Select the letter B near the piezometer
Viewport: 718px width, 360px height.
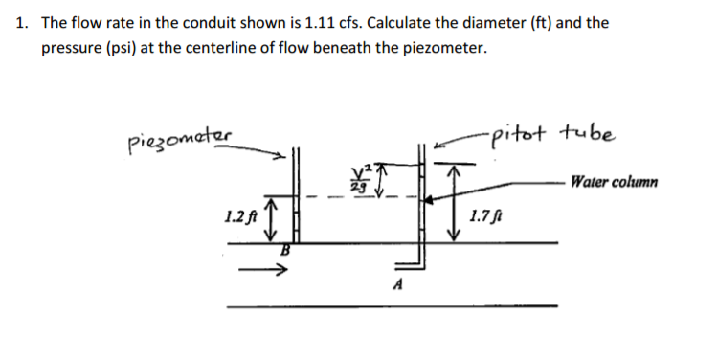pyautogui.click(x=283, y=251)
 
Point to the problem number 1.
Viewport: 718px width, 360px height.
pyautogui.click(x=21, y=22)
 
